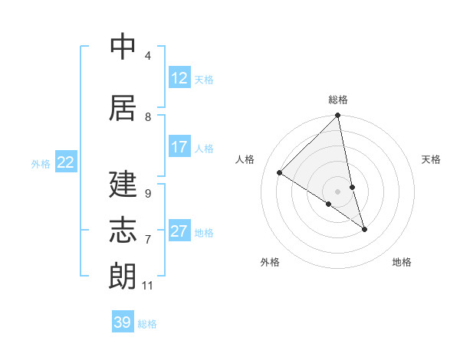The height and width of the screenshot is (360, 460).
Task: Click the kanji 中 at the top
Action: [x=123, y=47]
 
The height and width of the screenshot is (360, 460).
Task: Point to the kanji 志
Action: [x=123, y=230]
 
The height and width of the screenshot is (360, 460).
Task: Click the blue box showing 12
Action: [x=179, y=78]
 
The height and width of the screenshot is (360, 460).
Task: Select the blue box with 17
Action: [x=179, y=147]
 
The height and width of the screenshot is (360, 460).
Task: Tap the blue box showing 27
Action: [x=179, y=231]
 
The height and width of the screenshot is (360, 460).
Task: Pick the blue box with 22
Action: [x=66, y=162]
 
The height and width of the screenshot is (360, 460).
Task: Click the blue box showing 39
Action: [x=123, y=322]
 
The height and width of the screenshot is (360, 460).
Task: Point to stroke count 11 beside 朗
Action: [x=147, y=286]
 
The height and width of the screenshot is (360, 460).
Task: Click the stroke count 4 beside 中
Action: [x=147, y=56]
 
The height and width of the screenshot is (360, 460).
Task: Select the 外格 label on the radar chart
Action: [x=270, y=263]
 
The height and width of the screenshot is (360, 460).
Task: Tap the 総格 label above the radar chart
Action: [x=338, y=100]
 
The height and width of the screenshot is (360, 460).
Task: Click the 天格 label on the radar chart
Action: [x=431, y=160]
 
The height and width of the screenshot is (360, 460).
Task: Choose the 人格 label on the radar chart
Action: [x=245, y=160]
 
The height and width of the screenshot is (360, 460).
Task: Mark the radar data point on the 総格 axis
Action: [x=338, y=116]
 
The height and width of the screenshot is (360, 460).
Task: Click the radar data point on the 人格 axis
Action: [x=280, y=173]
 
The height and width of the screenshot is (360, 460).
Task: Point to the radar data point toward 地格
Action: [x=364, y=229]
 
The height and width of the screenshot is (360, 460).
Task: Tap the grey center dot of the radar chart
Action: [x=338, y=191]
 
